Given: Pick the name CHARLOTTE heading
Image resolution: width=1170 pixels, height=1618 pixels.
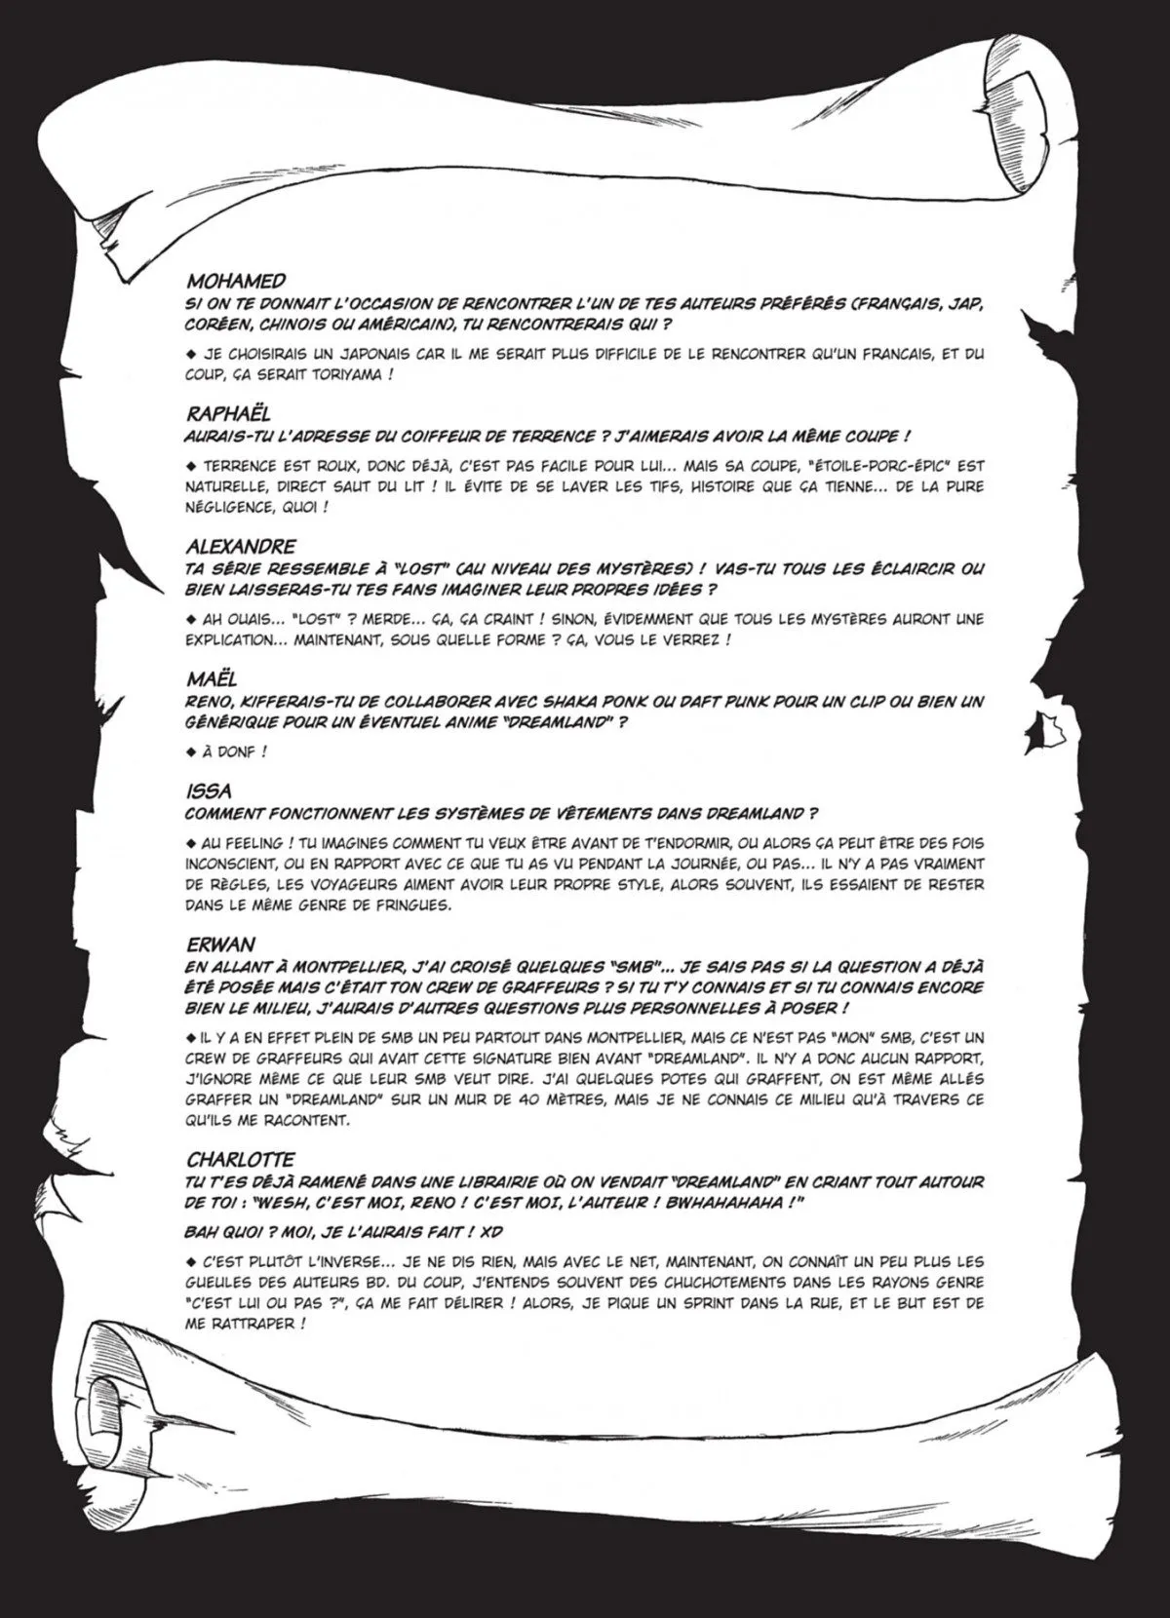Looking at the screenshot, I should tap(239, 1159).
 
